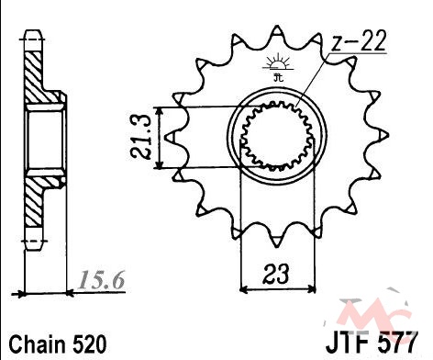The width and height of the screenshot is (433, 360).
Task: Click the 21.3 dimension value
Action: click(x=141, y=137)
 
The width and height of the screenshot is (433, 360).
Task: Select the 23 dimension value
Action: click(x=275, y=274)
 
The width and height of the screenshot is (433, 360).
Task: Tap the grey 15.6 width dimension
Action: click(x=101, y=280)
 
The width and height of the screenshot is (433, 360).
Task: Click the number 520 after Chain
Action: click(x=89, y=344)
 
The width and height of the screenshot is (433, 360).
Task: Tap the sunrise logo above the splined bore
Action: click(x=278, y=67)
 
